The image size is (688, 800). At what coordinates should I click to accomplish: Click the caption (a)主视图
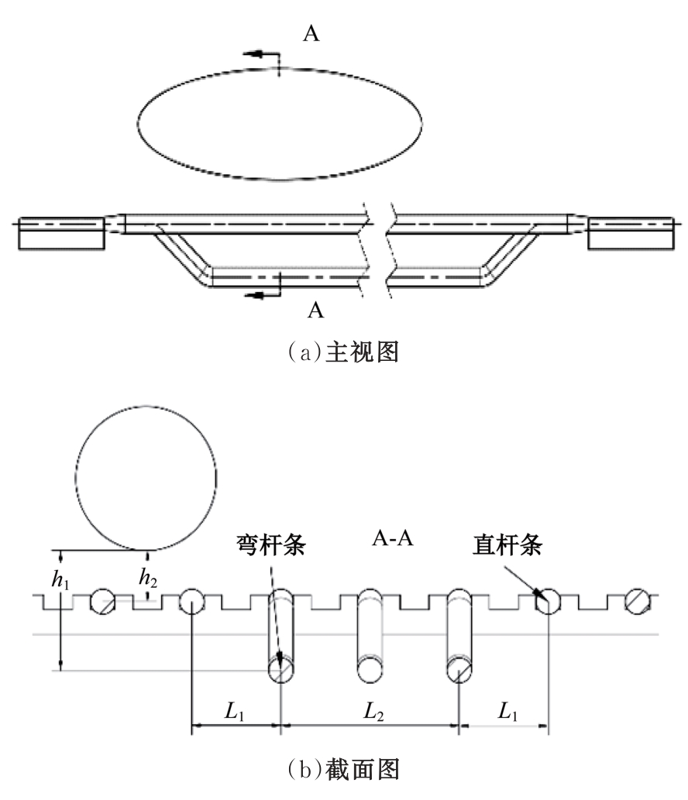click(x=343, y=352)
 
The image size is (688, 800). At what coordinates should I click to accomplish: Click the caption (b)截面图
click(x=343, y=769)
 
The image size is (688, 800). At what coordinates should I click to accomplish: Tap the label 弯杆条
click(x=270, y=544)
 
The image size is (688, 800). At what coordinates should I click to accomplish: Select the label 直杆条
click(x=507, y=544)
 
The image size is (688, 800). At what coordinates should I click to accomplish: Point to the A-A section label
click(x=392, y=538)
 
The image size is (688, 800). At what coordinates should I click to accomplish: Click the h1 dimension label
click(x=60, y=580)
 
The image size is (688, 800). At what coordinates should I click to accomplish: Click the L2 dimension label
click(x=373, y=711)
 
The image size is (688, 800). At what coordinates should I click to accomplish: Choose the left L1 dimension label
click(x=234, y=711)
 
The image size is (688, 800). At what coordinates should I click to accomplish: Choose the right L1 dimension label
click(x=507, y=711)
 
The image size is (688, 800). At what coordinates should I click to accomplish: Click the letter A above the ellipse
click(x=311, y=33)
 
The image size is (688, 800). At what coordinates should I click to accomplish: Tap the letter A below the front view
click(x=316, y=310)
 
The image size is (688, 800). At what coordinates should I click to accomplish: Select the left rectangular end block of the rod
click(x=61, y=233)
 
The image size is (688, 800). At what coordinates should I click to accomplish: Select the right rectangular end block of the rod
click(x=631, y=233)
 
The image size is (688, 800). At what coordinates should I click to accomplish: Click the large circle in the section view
click(x=146, y=479)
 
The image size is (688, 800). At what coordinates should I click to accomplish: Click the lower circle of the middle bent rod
click(x=370, y=669)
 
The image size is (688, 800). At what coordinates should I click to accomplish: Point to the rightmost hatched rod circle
click(x=638, y=601)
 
